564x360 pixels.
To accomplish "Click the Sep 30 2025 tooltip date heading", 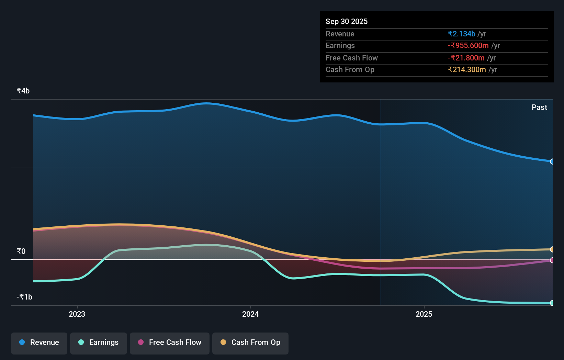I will (346, 21).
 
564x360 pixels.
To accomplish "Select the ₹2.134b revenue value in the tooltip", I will (461, 34).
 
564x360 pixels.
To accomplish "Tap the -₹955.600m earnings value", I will (468, 45).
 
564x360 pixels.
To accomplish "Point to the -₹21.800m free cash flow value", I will (466, 58).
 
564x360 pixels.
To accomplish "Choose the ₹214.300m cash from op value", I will (466, 69).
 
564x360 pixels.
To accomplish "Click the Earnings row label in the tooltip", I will (340, 45).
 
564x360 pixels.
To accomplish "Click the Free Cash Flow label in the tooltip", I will (351, 58).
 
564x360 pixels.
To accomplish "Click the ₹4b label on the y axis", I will (23, 91).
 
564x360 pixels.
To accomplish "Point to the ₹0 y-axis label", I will (21, 251).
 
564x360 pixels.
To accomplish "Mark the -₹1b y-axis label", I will (24, 297).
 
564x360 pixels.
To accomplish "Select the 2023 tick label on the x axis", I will (77, 314).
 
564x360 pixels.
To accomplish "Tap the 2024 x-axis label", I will (250, 314).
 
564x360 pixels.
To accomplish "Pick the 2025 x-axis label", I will (424, 314).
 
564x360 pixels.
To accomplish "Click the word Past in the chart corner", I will (539, 107).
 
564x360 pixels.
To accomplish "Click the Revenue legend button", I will (39, 342).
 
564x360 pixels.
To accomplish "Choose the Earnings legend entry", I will (99, 342).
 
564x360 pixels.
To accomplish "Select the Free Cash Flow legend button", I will (170, 342).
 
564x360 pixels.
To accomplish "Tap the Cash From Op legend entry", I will (250, 342).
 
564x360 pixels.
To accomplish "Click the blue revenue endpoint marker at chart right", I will (552, 161).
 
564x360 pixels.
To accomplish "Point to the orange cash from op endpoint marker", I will (552, 249).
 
